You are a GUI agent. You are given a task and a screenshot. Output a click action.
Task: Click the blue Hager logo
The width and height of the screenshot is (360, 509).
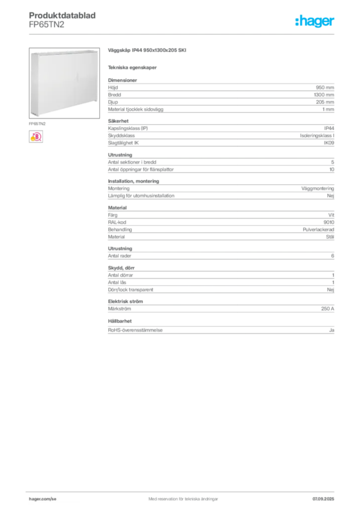(316, 22)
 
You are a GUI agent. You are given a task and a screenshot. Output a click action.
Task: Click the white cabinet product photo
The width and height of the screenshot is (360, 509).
(64, 82)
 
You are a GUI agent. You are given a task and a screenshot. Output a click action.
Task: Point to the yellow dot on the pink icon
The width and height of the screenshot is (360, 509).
(32, 140)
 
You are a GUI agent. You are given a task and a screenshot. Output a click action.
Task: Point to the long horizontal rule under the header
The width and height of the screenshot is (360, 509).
(183, 34)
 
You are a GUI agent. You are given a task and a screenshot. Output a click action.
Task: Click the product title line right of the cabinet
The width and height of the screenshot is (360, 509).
(147, 51)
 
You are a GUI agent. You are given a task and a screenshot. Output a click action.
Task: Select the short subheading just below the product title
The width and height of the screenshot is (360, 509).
(133, 68)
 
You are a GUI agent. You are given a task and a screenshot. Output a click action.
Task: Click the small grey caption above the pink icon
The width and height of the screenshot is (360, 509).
(37, 121)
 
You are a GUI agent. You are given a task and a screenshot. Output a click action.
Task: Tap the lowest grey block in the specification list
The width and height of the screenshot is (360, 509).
(220, 330)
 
